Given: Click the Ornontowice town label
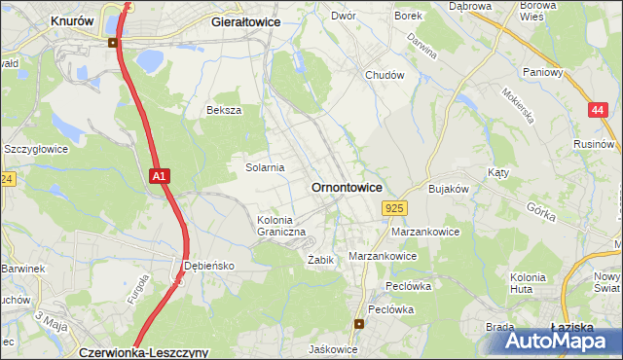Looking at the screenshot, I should [x=346, y=187].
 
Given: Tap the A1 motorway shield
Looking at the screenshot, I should [x=162, y=176].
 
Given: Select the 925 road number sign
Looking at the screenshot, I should [x=394, y=208].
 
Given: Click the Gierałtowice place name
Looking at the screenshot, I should [x=245, y=20].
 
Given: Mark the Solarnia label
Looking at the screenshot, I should [x=264, y=167].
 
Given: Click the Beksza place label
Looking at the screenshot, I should [x=223, y=111].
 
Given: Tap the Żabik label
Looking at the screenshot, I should [x=321, y=261].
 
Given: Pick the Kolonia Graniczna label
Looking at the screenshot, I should [x=281, y=227].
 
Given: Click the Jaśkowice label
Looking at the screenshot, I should [x=332, y=348].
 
